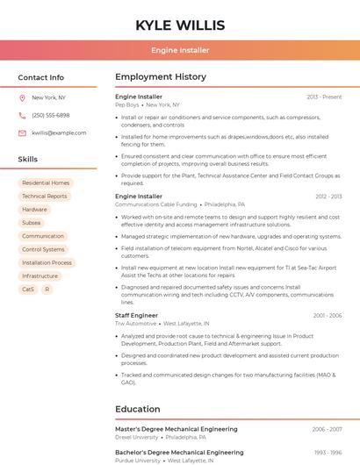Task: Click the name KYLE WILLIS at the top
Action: tap(180, 25)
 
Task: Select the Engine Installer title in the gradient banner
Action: tap(180, 50)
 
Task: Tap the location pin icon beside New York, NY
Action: tap(22, 97)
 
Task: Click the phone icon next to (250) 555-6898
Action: tap(22, 115)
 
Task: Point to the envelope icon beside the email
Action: tap(22, 132)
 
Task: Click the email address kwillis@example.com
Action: tap(59, 132)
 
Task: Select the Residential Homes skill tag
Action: tap(46, 183)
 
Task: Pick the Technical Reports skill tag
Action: tap(44, 197)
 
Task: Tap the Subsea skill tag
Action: tap(32, 223)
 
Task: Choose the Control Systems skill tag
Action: tap(43, 249)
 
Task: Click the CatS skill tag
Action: tap(28, 289)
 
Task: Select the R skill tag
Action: tap(47, 289)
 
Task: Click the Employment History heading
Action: tap(161, 77)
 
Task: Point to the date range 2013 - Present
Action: tap(324, 97)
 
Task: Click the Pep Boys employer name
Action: tap(127, 104)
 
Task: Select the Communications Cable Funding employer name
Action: tap(156, 204)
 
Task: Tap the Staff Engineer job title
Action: tap(136, 315)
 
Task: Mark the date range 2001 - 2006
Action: tap(327, 315)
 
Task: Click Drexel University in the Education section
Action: tap(137, 437)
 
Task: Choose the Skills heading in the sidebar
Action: tap(28, 160)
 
